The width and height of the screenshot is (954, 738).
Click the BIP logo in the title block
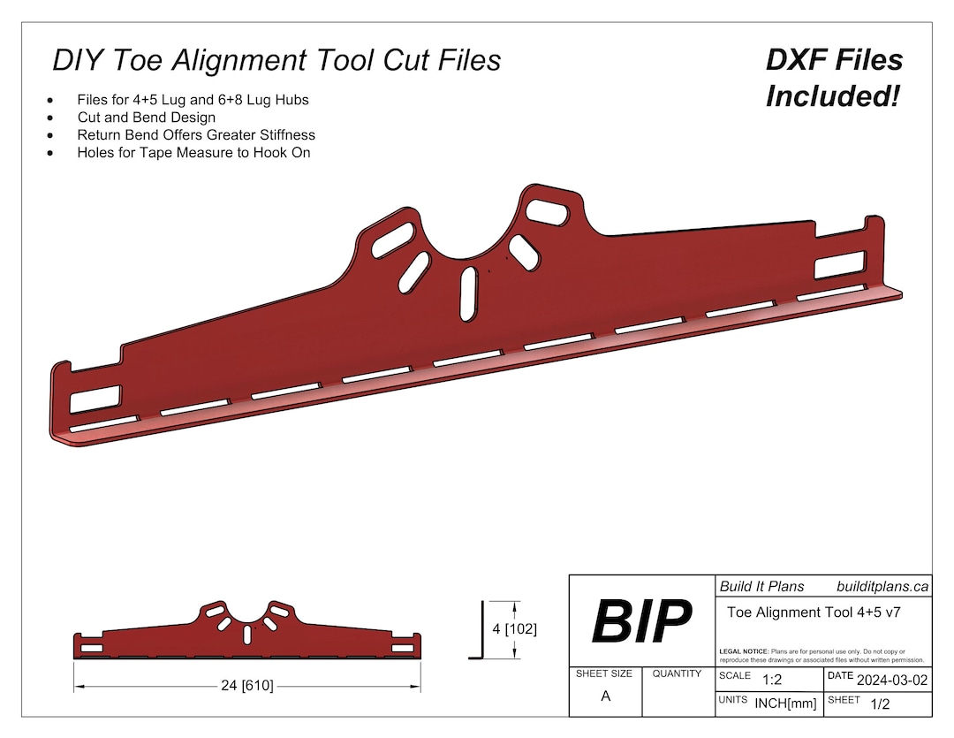click(x=640, y=620)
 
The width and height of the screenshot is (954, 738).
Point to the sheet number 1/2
click(x=880, y=704)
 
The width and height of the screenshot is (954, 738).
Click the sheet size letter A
click(x=605, y=696)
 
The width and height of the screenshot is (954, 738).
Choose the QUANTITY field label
click(x=677, y=673)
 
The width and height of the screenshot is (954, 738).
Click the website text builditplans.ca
click(x=882, y=586)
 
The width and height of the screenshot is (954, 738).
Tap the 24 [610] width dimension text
click(x=246, y=685)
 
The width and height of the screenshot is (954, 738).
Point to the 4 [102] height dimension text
click(x=514, y=629)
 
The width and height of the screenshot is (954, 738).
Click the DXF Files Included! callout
click(x=834, y=78)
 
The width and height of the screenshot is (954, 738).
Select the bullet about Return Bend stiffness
click(x=196, y=135)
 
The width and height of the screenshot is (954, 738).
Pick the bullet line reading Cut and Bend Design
click(x=146, y=117)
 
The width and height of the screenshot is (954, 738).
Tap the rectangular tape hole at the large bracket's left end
click(x=95, y=399)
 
